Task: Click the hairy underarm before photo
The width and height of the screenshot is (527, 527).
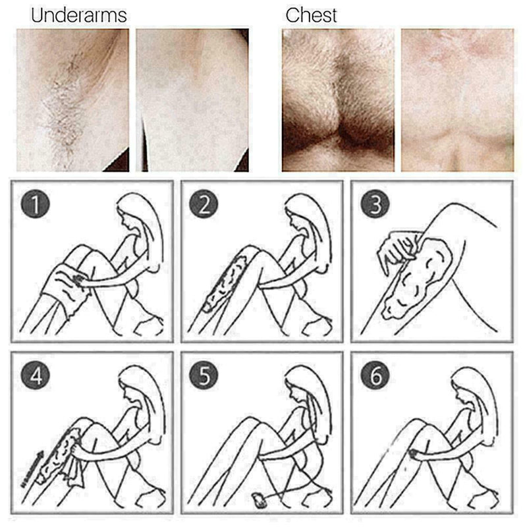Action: point(72,99)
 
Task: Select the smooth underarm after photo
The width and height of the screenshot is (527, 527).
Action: point(192,99)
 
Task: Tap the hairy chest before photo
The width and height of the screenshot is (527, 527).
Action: point(338,99)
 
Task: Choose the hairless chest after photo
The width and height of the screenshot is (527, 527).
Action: point(457,99)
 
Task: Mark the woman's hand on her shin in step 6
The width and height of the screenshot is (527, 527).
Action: point(416,455)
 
